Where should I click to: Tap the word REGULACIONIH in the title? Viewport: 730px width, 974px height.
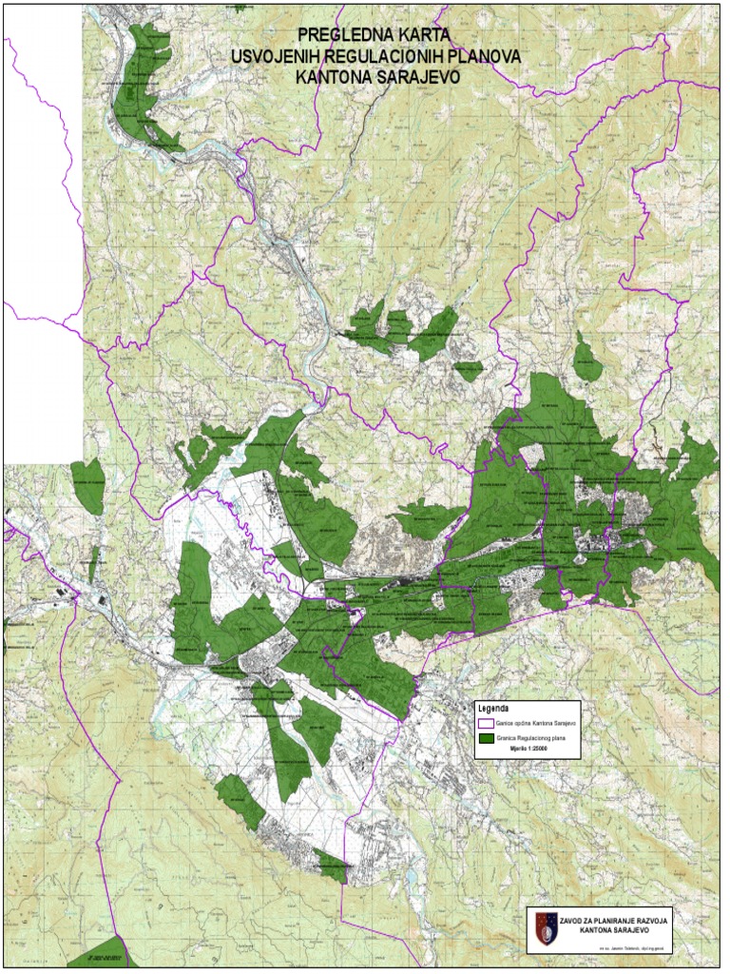(x=388, y=58)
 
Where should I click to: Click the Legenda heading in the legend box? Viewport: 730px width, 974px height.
(x=493, y=710)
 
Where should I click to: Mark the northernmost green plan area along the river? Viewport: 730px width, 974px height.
(x=143, y=86)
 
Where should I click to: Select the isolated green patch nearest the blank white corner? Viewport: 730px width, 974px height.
(x=87, y=484)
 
